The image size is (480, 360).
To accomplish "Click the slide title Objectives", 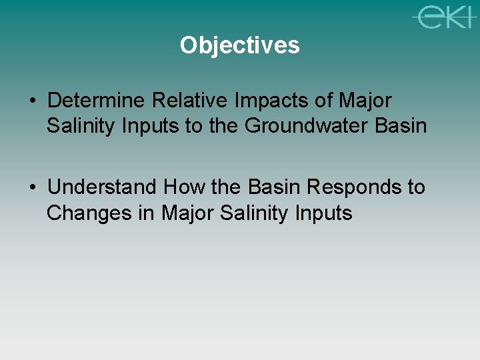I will tap(239, 45).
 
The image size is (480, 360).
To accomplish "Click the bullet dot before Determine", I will tap(33, 102).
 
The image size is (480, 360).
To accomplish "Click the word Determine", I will tap(97, 101).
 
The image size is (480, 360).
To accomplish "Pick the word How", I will tap(185, 187).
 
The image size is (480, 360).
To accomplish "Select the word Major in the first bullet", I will tap(366, 101).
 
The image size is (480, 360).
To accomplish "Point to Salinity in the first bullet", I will tap(78, 126).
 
